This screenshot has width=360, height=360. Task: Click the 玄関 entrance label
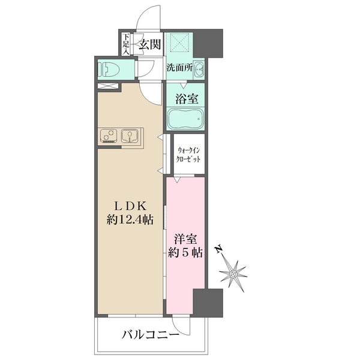click(149, 43)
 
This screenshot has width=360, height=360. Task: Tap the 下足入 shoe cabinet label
click(126, 43)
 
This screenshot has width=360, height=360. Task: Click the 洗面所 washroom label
click(179, 68)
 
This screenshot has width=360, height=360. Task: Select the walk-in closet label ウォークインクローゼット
click(188, 155)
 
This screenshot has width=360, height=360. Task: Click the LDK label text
click(129, 204)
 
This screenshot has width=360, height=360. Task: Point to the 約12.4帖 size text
click(130, 220)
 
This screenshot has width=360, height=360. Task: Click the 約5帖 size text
click(186, 253)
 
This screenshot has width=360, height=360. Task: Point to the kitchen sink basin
click(130, 137)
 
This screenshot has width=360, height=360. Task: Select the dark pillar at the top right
click(210, 42)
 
